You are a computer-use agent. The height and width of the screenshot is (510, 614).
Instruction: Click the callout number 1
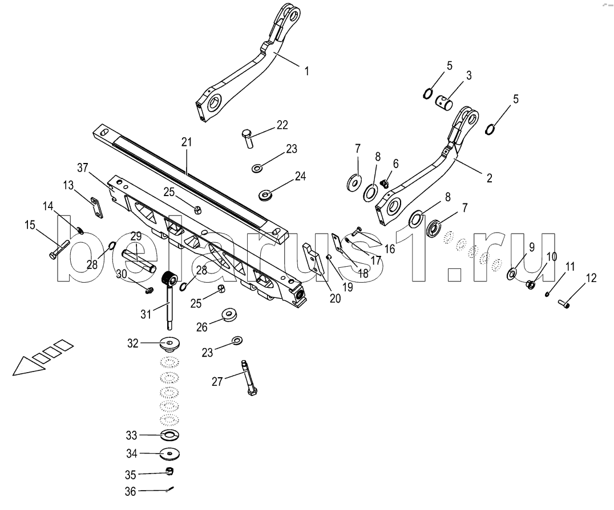(x=306, y=71)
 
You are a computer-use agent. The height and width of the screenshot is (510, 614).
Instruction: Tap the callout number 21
(x=187, y=142)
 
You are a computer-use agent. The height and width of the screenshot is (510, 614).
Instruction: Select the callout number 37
(x=83, y=168)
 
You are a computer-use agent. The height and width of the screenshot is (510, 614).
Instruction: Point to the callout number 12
(x=591, y=278)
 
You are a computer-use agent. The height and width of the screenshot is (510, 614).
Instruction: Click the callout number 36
(x=131, y=491)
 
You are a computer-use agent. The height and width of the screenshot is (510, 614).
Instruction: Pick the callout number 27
(x=217, y=381)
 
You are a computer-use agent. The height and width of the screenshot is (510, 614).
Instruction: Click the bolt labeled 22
(x=248, y=138)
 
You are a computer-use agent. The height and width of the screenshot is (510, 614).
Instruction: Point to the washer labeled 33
(x=170, y=435)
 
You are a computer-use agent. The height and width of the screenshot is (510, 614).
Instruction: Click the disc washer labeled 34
(x=170, y=454)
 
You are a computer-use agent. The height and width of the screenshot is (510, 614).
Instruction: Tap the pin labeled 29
(x=139, y=259)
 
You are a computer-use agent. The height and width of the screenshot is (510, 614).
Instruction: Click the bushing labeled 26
(x=228, y=315)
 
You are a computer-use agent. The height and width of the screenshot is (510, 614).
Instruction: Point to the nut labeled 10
(x=531, y=284)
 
